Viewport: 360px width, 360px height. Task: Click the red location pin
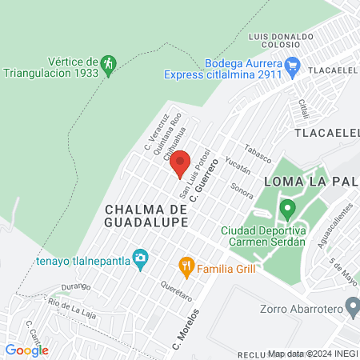coord(180,163)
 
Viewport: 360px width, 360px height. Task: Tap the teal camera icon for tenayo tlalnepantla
coord(141,258)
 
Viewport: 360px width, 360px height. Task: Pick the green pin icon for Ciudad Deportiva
coord(286,211)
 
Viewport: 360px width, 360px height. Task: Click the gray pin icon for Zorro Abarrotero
coord(351,306)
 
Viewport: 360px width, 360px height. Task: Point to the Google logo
coord(26,350)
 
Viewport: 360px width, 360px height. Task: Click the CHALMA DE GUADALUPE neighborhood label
coord(146,214)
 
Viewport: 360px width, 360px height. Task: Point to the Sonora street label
coord(242,190)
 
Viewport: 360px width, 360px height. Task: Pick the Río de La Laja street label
coord(72,304)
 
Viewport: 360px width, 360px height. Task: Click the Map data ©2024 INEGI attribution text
coord(312,354)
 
